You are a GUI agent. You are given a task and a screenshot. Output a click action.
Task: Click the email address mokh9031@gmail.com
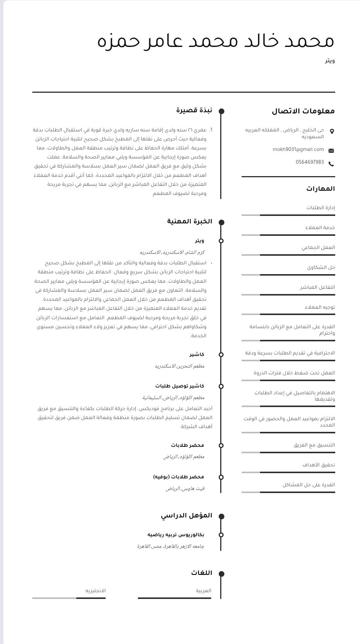tap(298, 149)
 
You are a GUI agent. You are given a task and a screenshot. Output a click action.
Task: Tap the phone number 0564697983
tap(310, 162)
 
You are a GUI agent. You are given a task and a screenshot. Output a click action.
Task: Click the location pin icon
tap(332, 131)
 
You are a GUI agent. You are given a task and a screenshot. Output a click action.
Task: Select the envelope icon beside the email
tap(331, 151)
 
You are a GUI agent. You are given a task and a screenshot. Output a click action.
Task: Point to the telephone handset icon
tap(331, 164)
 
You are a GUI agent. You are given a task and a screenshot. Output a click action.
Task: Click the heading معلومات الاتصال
tap(303, 111)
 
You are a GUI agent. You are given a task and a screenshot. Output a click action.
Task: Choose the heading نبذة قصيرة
tap(194, 110)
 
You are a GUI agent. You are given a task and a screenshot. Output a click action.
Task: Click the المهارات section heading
tap(320, 189)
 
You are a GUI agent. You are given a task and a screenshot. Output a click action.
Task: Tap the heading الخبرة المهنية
tap(189, 222)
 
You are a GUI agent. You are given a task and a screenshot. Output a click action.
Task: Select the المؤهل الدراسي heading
tap(186, 516)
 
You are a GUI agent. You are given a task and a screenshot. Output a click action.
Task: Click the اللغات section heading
tap(201, 573)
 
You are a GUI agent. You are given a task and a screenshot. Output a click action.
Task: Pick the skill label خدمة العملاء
tap(320, 228)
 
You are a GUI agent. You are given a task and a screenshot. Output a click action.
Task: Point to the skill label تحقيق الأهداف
tap(318, 465)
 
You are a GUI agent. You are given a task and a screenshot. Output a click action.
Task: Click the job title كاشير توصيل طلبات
tap(180, 386)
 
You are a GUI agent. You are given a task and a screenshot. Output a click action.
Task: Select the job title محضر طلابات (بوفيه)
tap(178, 477)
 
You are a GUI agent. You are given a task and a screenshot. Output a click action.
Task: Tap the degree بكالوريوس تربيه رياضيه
tap(175, 535)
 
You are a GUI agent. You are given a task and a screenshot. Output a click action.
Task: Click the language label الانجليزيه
tap(95, 591)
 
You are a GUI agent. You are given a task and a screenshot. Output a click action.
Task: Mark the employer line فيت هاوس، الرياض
tap(185, 489)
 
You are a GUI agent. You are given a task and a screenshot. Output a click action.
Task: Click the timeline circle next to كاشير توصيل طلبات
tap(221, 386)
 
